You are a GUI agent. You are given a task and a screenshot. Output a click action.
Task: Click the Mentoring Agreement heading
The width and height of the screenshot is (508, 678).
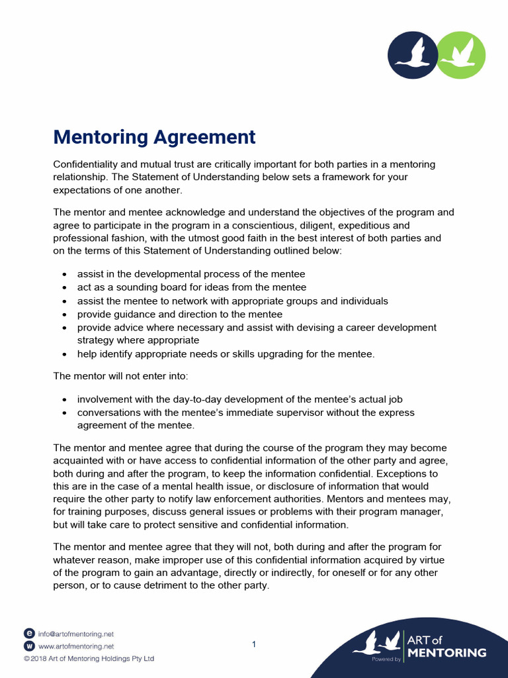point(154,137)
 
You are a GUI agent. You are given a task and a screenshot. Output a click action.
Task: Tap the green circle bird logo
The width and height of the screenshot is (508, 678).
point(462,55)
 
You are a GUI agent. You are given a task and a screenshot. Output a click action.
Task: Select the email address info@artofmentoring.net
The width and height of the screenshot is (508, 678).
point(76,634)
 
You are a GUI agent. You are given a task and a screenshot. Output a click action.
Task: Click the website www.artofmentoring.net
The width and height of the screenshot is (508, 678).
point(76,646)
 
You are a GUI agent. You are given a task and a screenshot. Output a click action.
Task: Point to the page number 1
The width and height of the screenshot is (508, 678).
point(254,644)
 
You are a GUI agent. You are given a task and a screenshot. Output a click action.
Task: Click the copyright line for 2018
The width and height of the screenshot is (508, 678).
point(89,659)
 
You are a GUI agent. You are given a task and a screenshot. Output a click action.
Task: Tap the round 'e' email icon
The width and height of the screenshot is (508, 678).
point(29,634)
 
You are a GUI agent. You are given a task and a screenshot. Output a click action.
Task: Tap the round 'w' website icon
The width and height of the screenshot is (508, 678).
point(29,646)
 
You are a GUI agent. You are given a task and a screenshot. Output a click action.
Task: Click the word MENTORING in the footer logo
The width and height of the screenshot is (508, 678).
point(446,653)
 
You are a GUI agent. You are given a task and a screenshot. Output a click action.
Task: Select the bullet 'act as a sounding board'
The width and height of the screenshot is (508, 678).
point(191,287)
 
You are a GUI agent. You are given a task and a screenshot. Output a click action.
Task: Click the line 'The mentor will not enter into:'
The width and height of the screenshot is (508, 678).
point(120,376)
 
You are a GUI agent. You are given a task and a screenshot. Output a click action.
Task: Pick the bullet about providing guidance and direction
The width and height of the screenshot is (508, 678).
point(179,314)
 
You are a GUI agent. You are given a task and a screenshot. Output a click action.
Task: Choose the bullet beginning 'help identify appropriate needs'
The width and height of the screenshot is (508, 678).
point(226,354)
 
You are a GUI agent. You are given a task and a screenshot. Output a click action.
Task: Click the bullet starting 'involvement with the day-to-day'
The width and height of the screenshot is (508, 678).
point(239,399)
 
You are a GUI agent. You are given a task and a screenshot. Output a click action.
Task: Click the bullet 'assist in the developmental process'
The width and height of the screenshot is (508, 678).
point(190,274)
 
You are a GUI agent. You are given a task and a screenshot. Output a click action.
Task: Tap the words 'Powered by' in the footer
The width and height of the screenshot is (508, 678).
point(386,659)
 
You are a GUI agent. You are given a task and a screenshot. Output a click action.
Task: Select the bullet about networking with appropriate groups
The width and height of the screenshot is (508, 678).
point(232,301)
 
